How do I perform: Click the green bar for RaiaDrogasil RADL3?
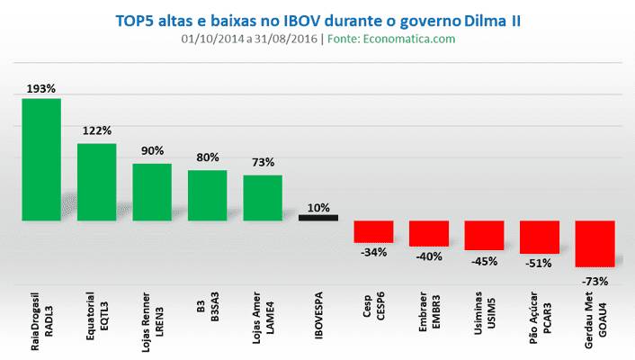pyautogui.click(x=41, y=159)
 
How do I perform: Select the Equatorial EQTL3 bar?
pyautogui.click(x=96, y=182)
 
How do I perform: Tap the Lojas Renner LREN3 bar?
pyautogui.click(x=152, y=192)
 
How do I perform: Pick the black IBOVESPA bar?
pyautogui.click(x=318, y=217)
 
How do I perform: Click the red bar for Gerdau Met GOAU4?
pyautogui.click(x=595, y=243)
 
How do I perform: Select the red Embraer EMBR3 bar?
pyautogui.click(x=428, y=233)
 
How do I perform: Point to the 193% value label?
pyautogui.click(x=41, y=89)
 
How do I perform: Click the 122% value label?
pyautogui.click(x=96, y=130)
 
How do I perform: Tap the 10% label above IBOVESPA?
pyautogui.click(x=318, y=207)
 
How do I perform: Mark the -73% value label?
pyautogui.click(x=595, y=281)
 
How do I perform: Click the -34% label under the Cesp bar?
pyautogui.click(x=373, y=253)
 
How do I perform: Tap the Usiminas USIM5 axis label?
pyautogui.click(x=484, y=310)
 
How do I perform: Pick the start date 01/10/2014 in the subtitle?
pyautogui.click(x=210, y=39)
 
